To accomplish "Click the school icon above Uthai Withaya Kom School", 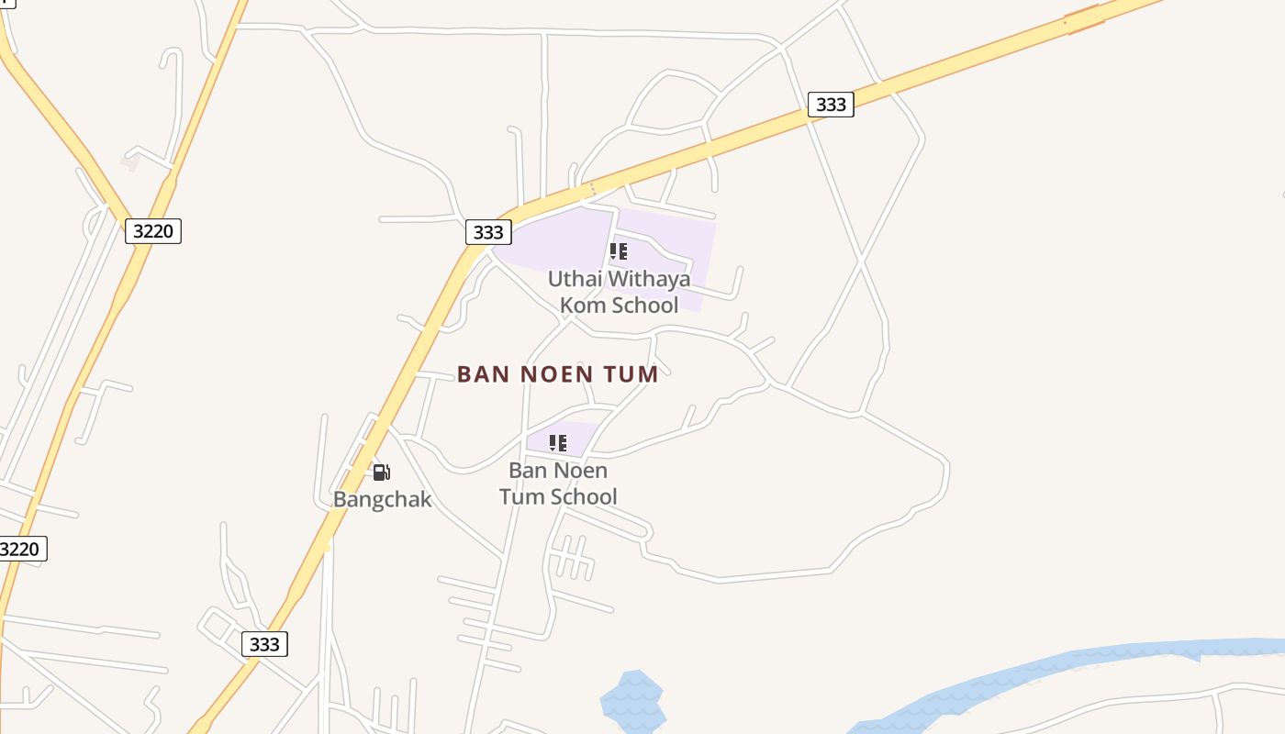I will tap(619, 250).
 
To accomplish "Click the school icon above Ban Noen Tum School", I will tap(558, 443).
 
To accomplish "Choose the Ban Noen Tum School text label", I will tap(558, 484).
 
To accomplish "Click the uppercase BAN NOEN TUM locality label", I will tap(558, 374).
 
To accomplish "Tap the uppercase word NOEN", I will tap(557, 374).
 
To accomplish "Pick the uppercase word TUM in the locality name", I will tap(631, 374).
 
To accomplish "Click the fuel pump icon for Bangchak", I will tap(381, 473).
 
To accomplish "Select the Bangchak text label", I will tap(382, 500).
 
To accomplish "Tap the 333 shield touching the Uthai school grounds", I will tap(487, 232).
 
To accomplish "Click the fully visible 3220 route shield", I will tap(152, 230).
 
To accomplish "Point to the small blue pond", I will tap(631, 702).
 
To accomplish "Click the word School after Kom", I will tap(643, 305).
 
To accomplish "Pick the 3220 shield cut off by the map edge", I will tap(21, 549).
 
